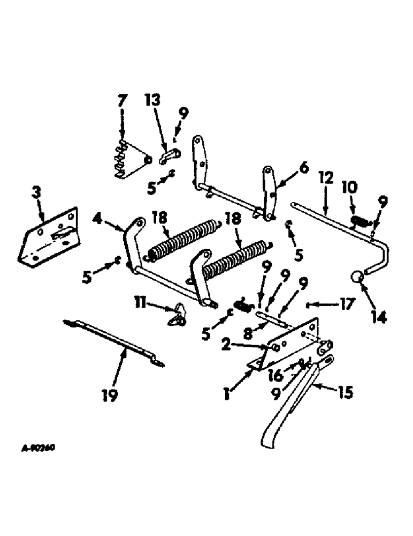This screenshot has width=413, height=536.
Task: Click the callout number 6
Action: (x=304, y=168)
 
